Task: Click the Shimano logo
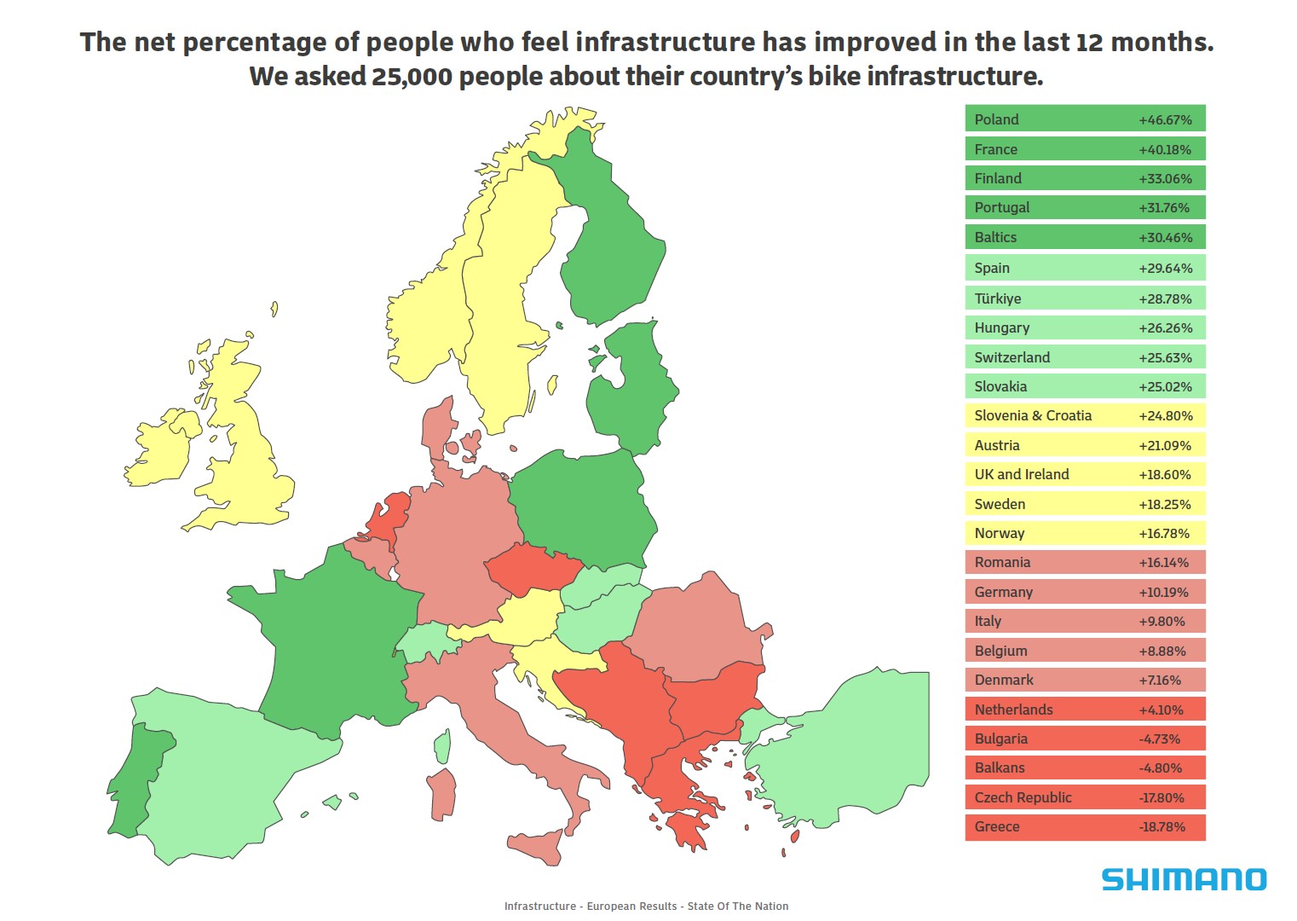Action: (1184, 879)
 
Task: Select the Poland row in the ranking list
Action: (1085, 119)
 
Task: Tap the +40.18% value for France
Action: (1165, 149)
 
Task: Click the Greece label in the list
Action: (997, 826)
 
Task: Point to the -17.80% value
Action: (1162, 797)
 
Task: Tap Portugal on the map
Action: (136, 776)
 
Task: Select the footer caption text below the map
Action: (646, 906)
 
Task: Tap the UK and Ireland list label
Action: (1021, 474)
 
